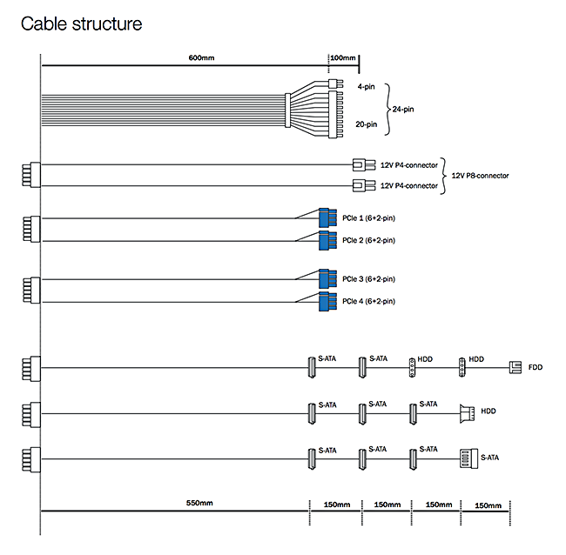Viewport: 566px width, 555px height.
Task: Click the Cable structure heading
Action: point(81,23)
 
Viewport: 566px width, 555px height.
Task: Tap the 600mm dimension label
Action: point(201,57)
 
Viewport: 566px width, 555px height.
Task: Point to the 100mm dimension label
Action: point(342,57)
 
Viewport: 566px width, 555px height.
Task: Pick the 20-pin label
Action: point(367,124)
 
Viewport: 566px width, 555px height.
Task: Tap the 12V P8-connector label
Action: point(480,175)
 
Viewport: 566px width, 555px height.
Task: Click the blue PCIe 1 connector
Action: point(327,217)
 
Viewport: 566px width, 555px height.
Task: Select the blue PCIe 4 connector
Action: point(327,302)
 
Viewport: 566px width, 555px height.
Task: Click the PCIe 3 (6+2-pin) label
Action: point(368,279)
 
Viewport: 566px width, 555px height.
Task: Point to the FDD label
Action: point(535,368)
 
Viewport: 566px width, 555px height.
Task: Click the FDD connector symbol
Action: point(515,368)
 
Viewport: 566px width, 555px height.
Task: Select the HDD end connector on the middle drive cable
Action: point(465,411)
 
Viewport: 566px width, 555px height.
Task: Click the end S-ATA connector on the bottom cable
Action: point(467,457)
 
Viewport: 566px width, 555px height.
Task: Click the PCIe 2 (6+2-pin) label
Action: point(368,240)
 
